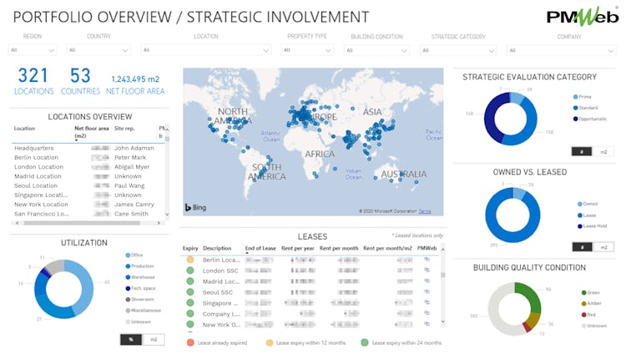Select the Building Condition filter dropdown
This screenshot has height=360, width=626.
point(383,50)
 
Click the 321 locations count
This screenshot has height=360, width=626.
point(33,77)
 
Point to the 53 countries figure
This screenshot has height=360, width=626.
point(80,77)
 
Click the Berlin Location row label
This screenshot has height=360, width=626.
point(37,157)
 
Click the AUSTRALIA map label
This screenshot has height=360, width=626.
point(405,174)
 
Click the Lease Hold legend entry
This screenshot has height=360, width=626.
point(591,226)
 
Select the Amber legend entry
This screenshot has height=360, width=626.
point(593,303)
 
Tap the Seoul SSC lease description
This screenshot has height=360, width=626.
point(219,292)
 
